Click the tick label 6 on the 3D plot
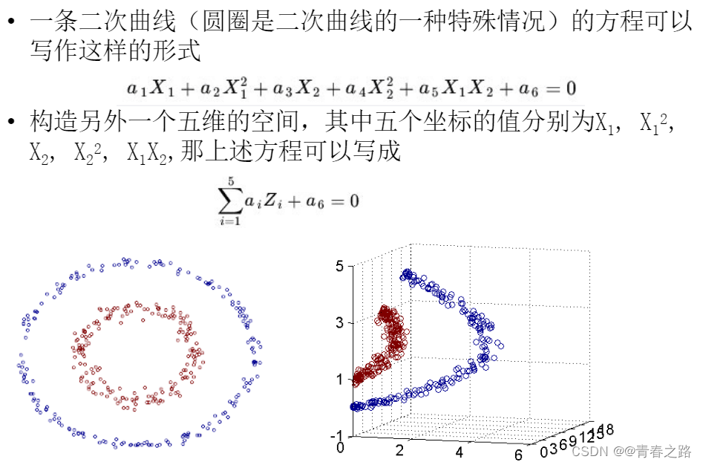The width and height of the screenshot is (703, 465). click(x=518, y=453)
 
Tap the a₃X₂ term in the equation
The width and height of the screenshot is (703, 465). click(x=294, y=88)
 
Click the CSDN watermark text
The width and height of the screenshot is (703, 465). click(x=591, y=452)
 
